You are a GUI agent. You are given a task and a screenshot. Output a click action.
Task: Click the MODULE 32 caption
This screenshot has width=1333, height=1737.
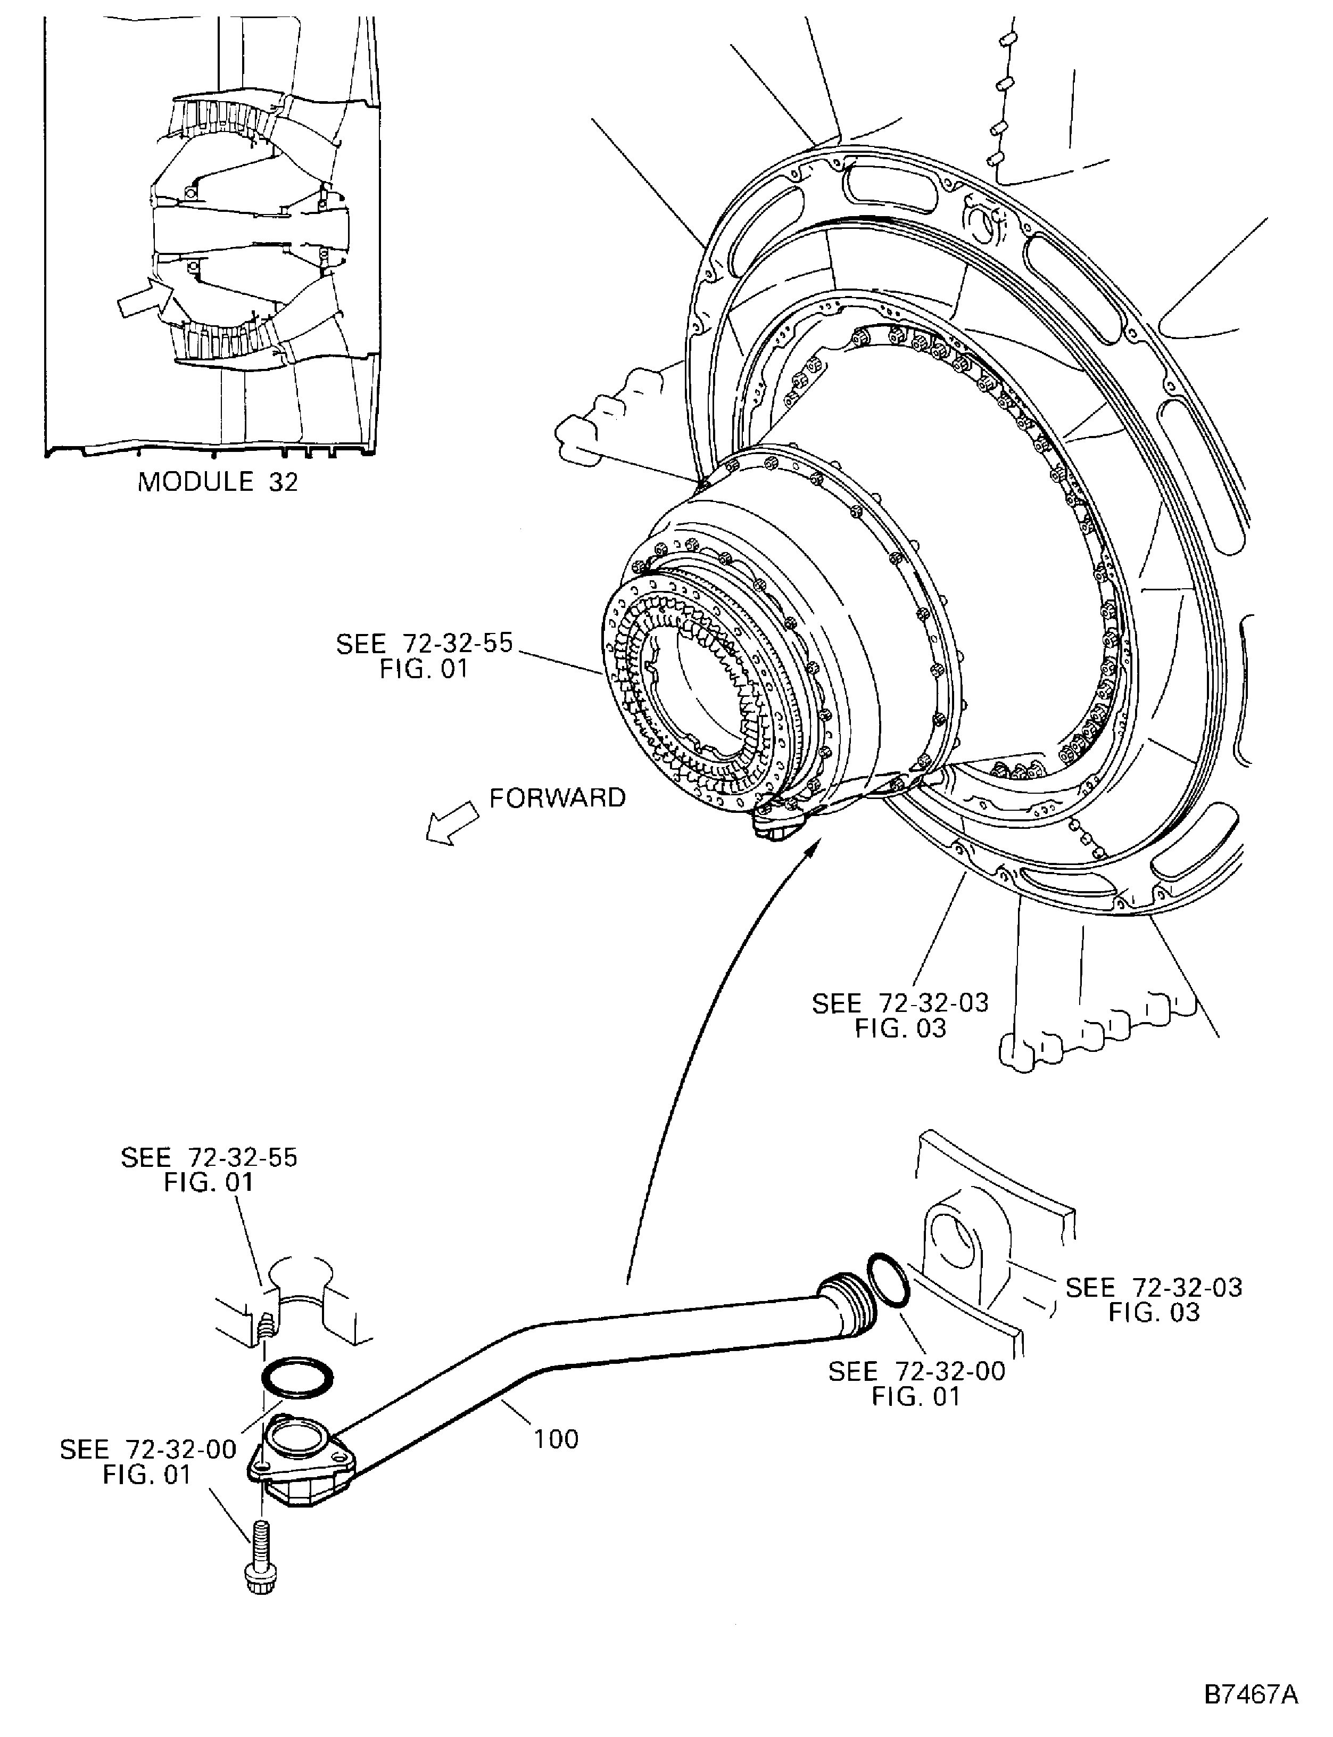tap(218, 482)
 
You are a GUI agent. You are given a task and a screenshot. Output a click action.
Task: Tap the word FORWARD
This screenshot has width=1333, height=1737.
tap(557, 797)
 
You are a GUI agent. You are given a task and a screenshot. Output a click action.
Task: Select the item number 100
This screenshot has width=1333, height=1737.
tap(556, 1439)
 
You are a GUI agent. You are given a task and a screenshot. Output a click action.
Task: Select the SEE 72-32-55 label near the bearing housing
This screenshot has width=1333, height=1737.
tap(425, 655)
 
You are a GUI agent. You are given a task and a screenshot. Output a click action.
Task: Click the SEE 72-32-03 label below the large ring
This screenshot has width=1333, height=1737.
tap(900, 1015)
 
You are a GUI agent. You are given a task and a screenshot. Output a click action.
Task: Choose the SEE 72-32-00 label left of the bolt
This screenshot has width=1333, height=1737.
tap(148, 1462)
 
